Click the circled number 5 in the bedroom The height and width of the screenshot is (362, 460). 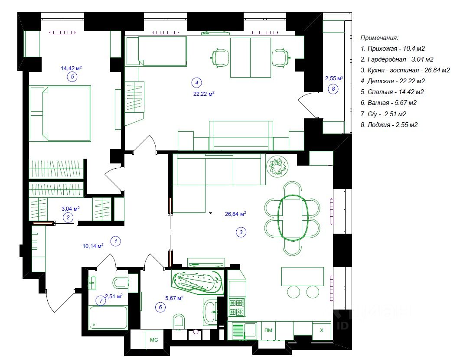pos(72,77)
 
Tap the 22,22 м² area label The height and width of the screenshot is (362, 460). pos(204,94)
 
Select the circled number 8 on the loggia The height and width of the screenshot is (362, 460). pos(333,88)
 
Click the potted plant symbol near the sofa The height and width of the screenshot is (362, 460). pos(277,166)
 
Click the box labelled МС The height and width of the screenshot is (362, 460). pos(154,339)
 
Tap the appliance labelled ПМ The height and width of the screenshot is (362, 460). pos(268,330)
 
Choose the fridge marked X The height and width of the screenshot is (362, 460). pos(322,330)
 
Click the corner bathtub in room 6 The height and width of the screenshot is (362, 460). pos(198,281)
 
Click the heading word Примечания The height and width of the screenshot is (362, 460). pos(379,38)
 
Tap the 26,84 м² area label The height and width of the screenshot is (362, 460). pos(235,214)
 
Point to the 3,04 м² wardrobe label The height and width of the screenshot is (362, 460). pos(70,209)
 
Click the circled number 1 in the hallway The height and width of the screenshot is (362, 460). pos(116,241)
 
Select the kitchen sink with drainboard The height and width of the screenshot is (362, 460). pos(245,330)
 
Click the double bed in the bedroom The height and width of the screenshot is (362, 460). pos(60,114)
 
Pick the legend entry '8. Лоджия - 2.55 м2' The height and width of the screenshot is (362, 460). pos(389,125)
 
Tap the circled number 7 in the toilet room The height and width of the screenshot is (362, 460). pos(101,301)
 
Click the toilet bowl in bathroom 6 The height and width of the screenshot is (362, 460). pos(179,321)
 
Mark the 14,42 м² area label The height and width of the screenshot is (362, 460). pos(71,68)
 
